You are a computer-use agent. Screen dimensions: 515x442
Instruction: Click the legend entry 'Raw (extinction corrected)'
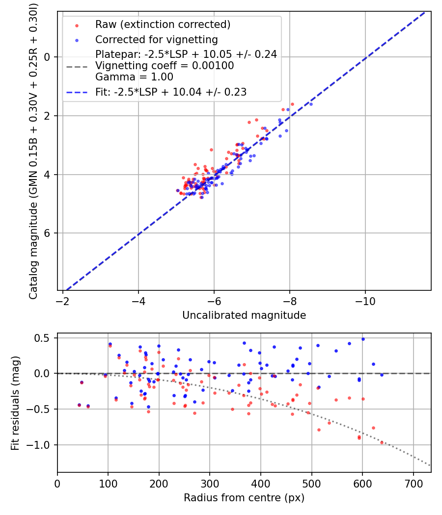point(163,25)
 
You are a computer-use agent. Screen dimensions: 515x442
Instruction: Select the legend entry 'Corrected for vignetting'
point(156,39)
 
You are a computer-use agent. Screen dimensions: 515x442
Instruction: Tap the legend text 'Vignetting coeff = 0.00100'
point(165,66)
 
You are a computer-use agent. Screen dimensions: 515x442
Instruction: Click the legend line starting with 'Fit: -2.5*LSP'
point(170,92)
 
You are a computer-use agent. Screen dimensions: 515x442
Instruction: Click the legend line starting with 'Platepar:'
point(186,54)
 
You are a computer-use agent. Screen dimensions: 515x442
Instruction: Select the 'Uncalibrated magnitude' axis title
point(244,315)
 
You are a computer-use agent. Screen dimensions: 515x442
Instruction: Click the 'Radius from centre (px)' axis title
point(244,498)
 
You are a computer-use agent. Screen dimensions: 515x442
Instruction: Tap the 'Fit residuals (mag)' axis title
point(15,403)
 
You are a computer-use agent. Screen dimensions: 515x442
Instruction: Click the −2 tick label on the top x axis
point(63,301)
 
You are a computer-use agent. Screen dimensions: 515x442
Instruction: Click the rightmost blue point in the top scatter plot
point(310,104)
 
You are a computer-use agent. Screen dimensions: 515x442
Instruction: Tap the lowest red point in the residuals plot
point(382,442)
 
